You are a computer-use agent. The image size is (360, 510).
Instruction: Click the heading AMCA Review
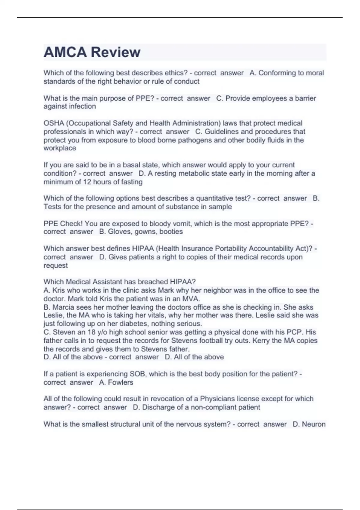[x=92, y=52]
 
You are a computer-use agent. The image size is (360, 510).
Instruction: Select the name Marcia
[x=63, y=307]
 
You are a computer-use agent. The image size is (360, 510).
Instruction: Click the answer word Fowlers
[x=121, y=382]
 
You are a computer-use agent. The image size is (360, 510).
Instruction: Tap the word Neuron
[x=313, y=424]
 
